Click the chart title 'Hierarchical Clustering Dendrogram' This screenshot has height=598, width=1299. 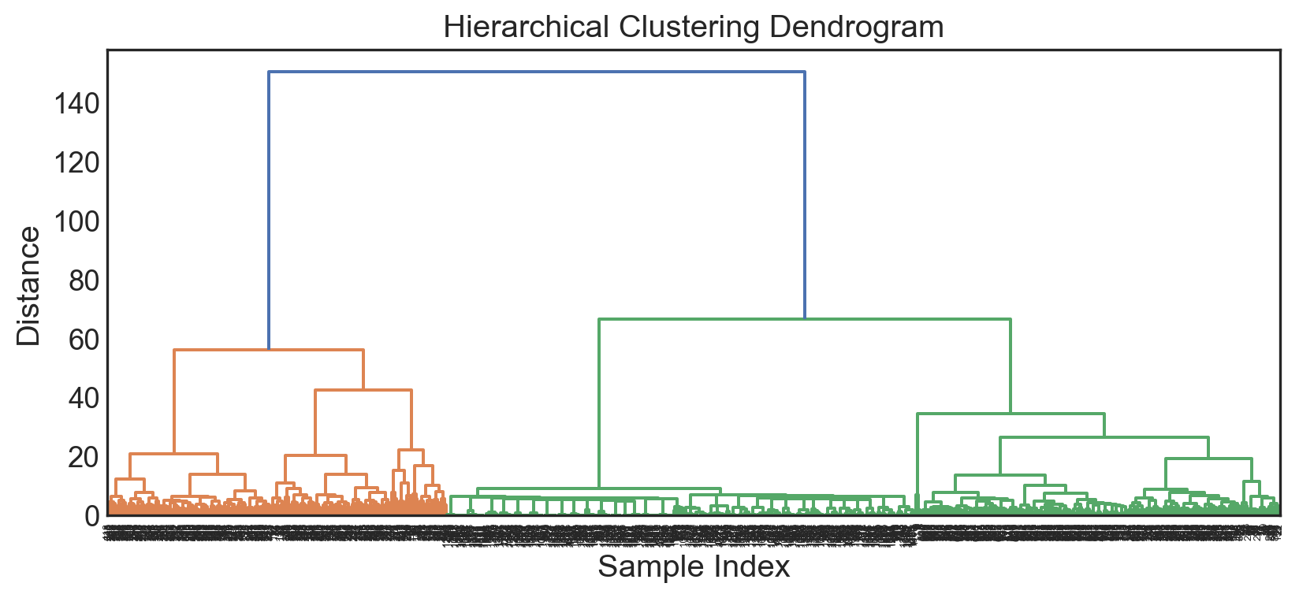[693, 27]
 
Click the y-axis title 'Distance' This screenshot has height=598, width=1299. [28, 286]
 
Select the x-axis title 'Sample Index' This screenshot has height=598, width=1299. [693, 566]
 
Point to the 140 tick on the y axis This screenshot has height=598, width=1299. [77, 103]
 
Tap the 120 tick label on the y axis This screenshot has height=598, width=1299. [77, 163]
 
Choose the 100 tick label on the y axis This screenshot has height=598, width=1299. [77, 221]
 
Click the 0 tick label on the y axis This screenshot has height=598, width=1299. [92, 516]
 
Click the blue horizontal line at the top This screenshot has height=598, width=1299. [536, 72]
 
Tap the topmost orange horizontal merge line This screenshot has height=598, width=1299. [268, 350]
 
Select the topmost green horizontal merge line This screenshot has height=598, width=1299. [804, 319]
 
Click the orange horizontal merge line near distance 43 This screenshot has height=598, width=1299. [363, 390]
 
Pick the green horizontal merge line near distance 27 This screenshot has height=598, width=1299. [1104, 437]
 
